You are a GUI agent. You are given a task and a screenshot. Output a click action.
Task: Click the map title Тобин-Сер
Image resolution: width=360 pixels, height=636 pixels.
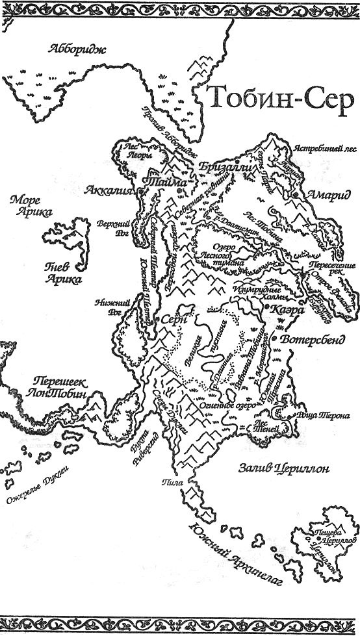point(280,100)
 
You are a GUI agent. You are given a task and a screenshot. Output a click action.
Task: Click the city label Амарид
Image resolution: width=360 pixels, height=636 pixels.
point(324,195)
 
